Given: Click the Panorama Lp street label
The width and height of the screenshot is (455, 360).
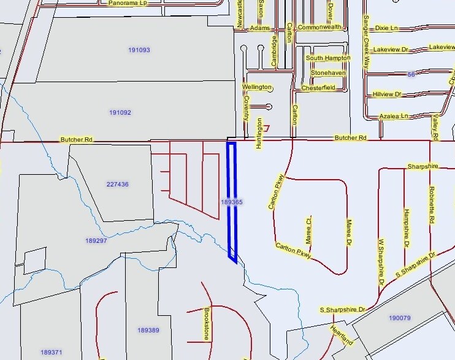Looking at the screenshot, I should tap(128, 3).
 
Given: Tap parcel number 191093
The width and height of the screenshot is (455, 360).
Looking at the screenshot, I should tap(139, 50).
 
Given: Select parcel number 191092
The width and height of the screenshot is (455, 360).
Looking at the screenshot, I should tap(120, 113).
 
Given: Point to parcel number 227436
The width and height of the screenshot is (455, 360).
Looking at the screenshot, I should tap(117, 184).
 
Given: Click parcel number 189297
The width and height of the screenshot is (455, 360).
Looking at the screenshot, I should tap(96, 241).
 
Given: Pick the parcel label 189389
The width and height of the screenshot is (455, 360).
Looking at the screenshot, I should tap(148, 331).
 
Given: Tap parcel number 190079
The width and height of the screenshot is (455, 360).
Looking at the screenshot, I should tap(400, 318).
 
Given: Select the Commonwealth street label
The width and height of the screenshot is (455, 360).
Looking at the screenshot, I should tap(319, 28).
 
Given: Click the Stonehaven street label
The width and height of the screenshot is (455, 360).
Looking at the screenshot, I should tap(328, 73).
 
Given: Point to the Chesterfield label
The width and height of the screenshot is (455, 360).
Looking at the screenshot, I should tap(318, 88).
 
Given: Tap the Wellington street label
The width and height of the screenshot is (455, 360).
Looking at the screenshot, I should tap(256, 87).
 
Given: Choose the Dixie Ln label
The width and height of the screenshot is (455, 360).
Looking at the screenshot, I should tap(386, 28).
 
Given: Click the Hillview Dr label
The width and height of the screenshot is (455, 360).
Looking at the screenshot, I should tap(386, 94).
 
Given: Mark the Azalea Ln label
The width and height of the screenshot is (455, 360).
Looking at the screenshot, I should tap(394, 116).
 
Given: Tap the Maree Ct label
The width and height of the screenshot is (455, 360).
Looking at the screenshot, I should tap(310, 228).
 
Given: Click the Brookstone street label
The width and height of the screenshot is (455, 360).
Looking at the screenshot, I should tap(207, 324).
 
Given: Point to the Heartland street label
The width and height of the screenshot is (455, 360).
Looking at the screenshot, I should tap(342, 335).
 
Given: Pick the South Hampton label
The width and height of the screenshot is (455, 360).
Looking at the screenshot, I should tap(328, 58).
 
